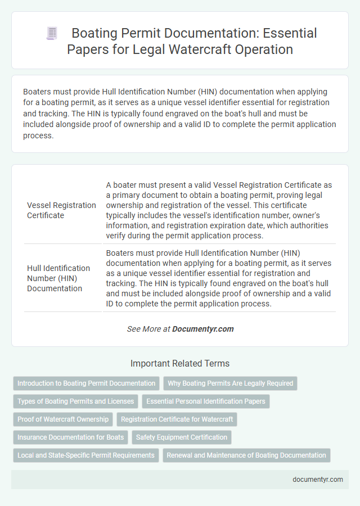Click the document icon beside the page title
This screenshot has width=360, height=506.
coord(51,34)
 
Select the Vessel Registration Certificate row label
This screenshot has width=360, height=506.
coord(61,210)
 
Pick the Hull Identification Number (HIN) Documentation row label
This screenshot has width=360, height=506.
coord(58,278)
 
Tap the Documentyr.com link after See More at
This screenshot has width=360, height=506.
coord(203,329)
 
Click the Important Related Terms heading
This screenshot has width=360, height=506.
coord(180,363)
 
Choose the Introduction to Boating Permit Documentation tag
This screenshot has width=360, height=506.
coord(86,383)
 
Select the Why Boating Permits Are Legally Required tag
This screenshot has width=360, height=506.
coord(231,383)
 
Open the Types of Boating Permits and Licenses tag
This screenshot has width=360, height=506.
coord(76,401)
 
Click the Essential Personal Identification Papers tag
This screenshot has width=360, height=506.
coord(205,401)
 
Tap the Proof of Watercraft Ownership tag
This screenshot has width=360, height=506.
coord(63,419)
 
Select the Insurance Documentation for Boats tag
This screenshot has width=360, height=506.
coord(70,437)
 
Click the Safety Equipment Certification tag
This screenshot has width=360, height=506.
coord(182,437)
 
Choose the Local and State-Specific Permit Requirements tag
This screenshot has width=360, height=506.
coord(86,455)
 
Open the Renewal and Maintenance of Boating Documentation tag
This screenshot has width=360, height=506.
coord(246,455)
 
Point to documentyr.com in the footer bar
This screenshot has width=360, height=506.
coord(318,480)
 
